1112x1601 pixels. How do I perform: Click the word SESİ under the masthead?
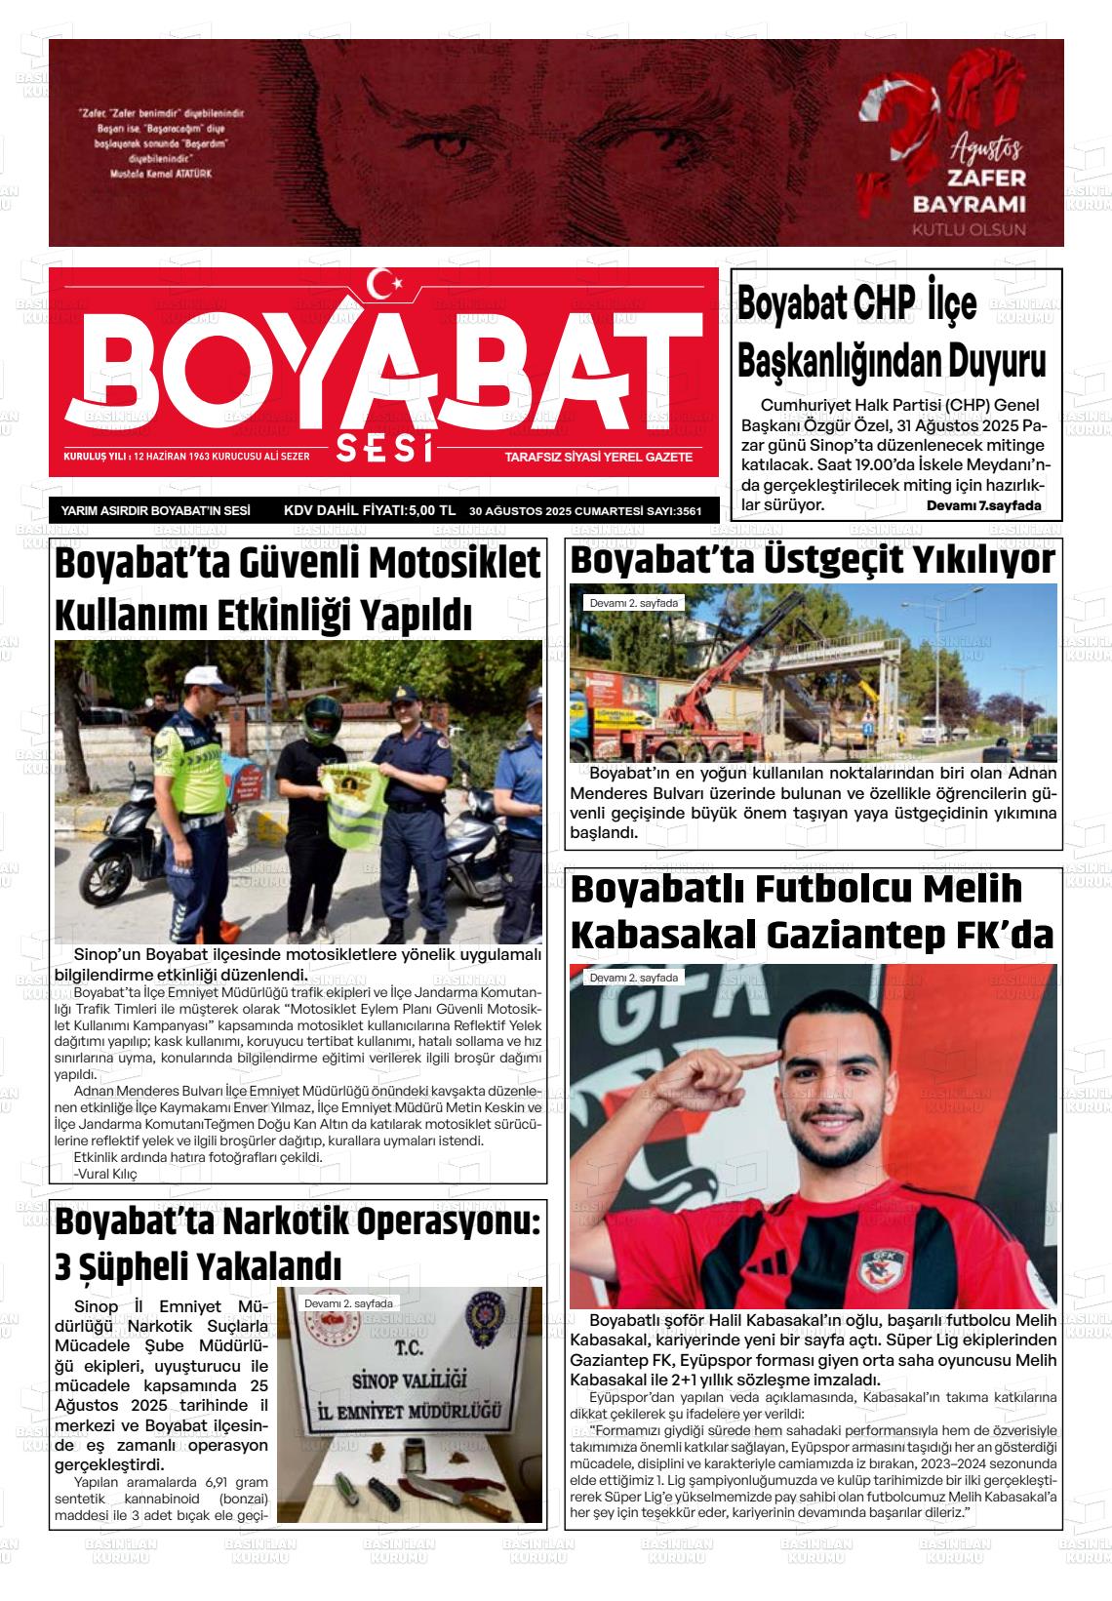(x=383, y=450)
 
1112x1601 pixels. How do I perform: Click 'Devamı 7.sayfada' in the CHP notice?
(x=983, y=505)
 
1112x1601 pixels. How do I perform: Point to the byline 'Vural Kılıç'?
(x=105, y=1174)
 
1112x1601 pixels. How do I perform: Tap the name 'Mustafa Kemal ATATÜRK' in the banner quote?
(x=161, y=173)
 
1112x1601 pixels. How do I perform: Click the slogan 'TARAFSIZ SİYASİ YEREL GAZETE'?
(x=598, y=457)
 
